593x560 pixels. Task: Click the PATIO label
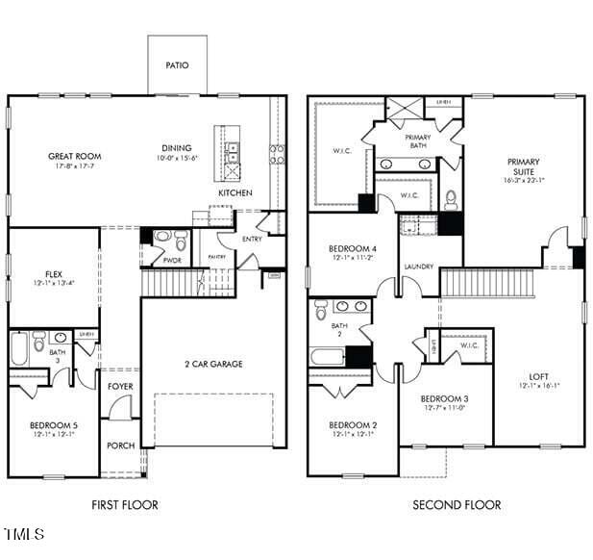177,65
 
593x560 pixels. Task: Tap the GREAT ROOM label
75,156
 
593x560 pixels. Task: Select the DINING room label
177,148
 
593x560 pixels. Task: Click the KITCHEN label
235,193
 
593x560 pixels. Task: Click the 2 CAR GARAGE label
213,364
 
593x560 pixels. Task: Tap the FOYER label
121,387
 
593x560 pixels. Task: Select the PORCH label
121,445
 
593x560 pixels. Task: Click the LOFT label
539,376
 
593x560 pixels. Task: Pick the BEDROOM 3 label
445,398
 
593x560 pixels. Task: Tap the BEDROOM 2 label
353,424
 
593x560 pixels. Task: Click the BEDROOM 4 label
353,248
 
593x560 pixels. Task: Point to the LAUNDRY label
418,267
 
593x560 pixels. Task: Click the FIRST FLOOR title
125,504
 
